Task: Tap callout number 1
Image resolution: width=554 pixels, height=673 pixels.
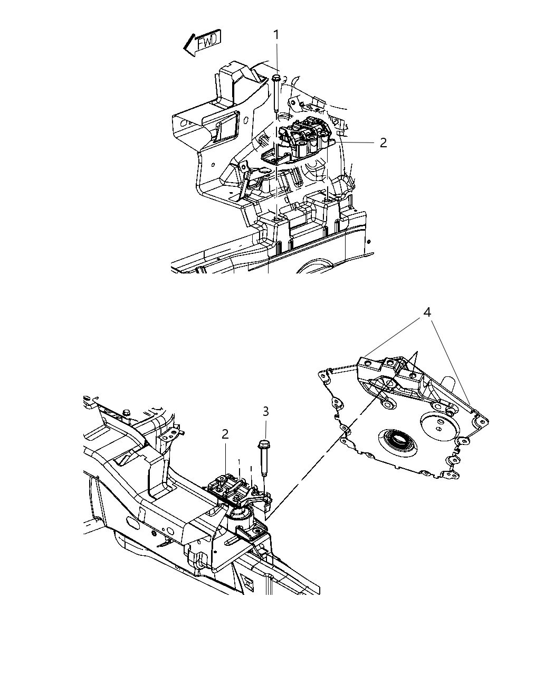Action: point(276,35)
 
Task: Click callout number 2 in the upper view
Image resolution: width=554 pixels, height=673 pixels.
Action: point(383,143)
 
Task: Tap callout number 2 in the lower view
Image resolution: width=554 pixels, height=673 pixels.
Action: point(225,434)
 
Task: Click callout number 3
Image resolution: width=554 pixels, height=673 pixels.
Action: point(265,411)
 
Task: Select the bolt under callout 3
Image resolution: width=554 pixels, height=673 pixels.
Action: point(264,459)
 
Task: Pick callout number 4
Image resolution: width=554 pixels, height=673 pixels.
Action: point(427,312)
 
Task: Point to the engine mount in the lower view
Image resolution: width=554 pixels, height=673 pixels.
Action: point(235,488)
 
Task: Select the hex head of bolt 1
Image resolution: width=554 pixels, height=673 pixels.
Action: point(276,78)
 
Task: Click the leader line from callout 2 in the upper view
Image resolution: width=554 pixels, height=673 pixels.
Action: point(359,143)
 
